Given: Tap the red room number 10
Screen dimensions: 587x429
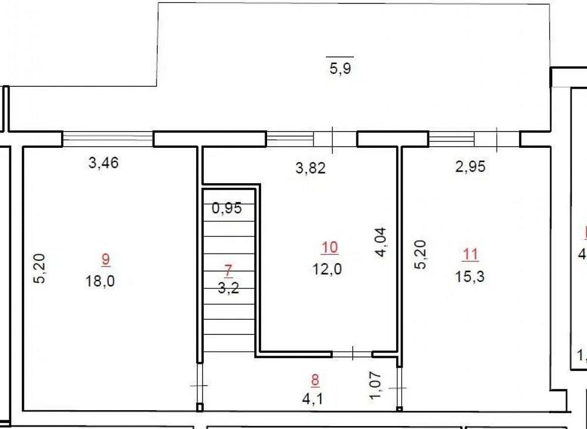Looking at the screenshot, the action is (329, 247).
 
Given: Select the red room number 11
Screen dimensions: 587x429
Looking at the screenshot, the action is (470, 255).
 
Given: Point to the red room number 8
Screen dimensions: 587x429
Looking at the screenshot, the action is (315, 380).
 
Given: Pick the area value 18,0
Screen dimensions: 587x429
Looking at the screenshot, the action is (100, 281).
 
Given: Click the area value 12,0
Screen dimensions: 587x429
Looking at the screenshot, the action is (327, 269).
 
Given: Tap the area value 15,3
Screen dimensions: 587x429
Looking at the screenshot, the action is (470, 276).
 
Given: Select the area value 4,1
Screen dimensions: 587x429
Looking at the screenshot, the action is (312, 398).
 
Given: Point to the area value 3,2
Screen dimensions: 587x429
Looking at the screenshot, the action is (228, 288).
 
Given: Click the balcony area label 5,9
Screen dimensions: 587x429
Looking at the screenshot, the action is (340, 69).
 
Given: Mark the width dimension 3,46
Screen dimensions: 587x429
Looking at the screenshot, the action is (103, 163).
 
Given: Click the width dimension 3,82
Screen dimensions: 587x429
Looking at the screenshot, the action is (311, 168).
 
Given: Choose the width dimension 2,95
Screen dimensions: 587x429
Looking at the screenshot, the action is (470, 166).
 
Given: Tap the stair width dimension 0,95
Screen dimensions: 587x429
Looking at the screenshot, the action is (227, 208).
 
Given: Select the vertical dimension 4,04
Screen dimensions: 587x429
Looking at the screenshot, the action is (381, 242).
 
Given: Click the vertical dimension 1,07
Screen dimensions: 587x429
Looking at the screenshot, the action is (376, 386).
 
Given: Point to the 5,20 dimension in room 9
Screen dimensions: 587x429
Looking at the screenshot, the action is (39, 268).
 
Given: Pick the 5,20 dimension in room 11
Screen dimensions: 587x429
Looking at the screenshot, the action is (420, 254).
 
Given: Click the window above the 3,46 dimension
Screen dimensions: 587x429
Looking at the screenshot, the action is (108, 139).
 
